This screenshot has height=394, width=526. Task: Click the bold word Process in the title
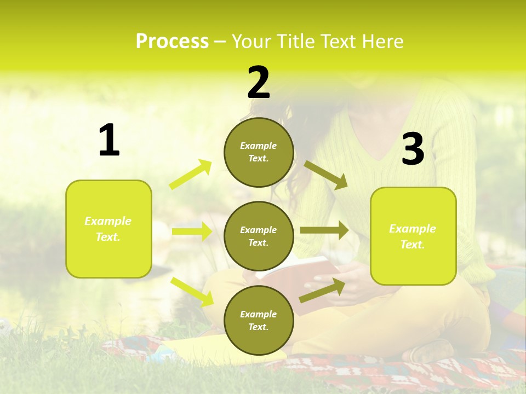point(172,42)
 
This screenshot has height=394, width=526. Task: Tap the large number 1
point(109,141)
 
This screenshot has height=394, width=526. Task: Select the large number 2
point(259,83)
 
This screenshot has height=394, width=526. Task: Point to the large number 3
point(413,149)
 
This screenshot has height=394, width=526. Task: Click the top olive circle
point(259,152)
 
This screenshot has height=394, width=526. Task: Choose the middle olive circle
point(259,236)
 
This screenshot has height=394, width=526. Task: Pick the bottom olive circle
point(259,320)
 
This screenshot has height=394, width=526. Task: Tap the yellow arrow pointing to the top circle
point(191,175)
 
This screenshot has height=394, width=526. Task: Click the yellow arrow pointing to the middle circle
point(192,231)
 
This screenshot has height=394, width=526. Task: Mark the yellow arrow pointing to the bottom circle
point(192,292)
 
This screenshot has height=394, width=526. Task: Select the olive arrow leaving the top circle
point(325,175)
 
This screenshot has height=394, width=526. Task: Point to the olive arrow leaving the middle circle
point(324,230)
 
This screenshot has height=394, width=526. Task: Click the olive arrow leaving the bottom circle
point(323,291)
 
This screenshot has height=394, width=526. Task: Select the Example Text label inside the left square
point(108,229)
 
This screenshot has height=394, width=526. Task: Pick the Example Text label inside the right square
point(413,236)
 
